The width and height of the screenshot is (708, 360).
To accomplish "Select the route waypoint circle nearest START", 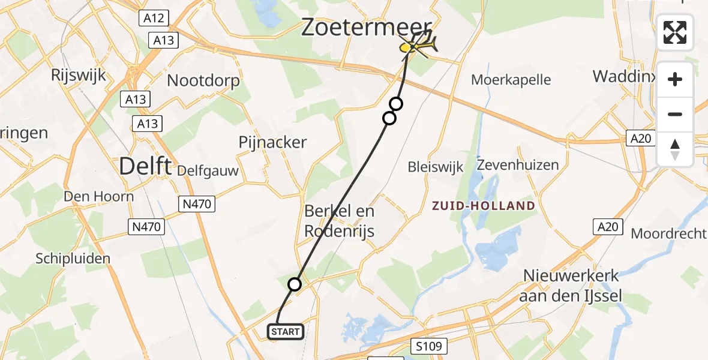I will (x=294, y=284).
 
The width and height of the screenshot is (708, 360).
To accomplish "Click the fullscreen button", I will (x=675, y=32).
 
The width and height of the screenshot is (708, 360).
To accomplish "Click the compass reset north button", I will (x=675, y=149).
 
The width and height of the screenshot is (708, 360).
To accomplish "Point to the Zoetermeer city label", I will (x=366, y=27).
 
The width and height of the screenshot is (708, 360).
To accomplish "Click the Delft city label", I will (x=146, y=166).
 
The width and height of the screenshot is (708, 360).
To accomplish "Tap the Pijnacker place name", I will (x=272, y=142).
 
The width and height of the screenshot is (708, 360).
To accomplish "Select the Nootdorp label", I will (x=203, y=80).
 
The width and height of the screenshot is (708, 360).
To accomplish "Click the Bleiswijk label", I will (x=436, y=167).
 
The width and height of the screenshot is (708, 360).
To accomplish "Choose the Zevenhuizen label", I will (x=518, y=164).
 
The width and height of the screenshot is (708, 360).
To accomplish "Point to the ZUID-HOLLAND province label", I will (x=484, y=206).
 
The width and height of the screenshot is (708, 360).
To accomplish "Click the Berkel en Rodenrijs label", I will (x=340, y=220).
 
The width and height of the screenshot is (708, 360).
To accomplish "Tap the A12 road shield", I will (x=154, y=19).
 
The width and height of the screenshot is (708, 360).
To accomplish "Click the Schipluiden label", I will (x=73, y=259).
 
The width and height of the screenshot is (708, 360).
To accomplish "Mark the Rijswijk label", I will (x=79, y=75).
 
